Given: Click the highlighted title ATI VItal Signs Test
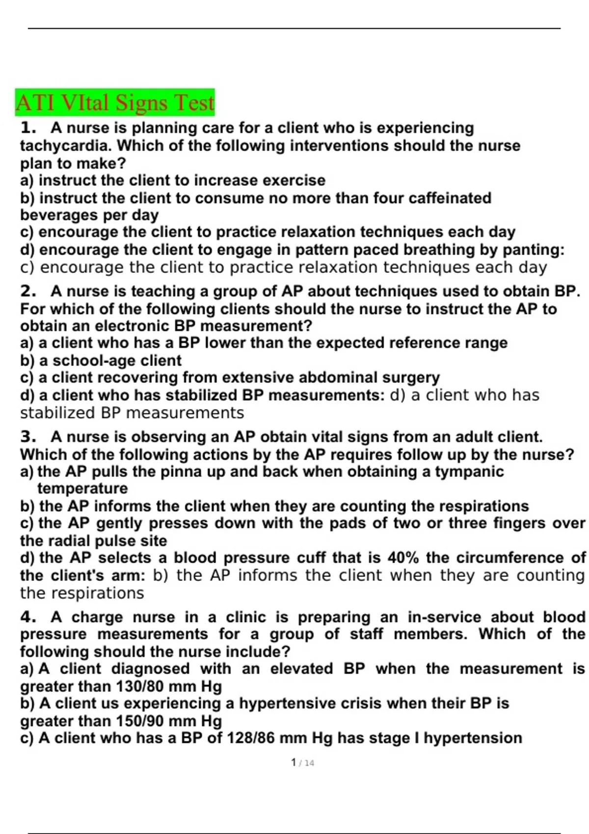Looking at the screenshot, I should pyautogui.click(x=115, y=103).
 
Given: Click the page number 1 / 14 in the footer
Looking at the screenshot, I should pyautogui.click(x=302, y=763).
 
